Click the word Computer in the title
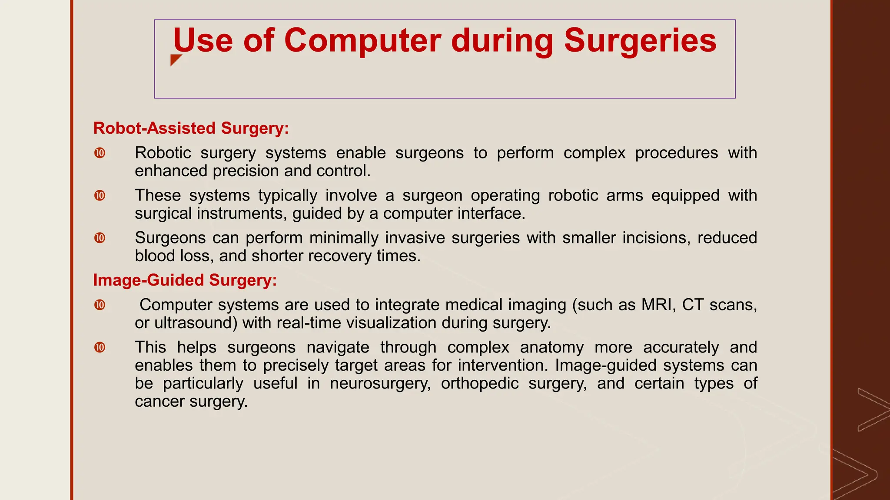pos(362,41)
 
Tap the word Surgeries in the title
pos(640,41)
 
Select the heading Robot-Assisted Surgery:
pos(191,128)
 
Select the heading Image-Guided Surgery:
pos(185,280)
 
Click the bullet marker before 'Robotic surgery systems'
pos(100,153)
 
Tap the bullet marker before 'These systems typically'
pos(100,196)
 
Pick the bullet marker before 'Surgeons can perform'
pos(100,238)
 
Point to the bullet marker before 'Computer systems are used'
pos(100,305)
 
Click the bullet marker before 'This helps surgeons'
pos(100,348)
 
